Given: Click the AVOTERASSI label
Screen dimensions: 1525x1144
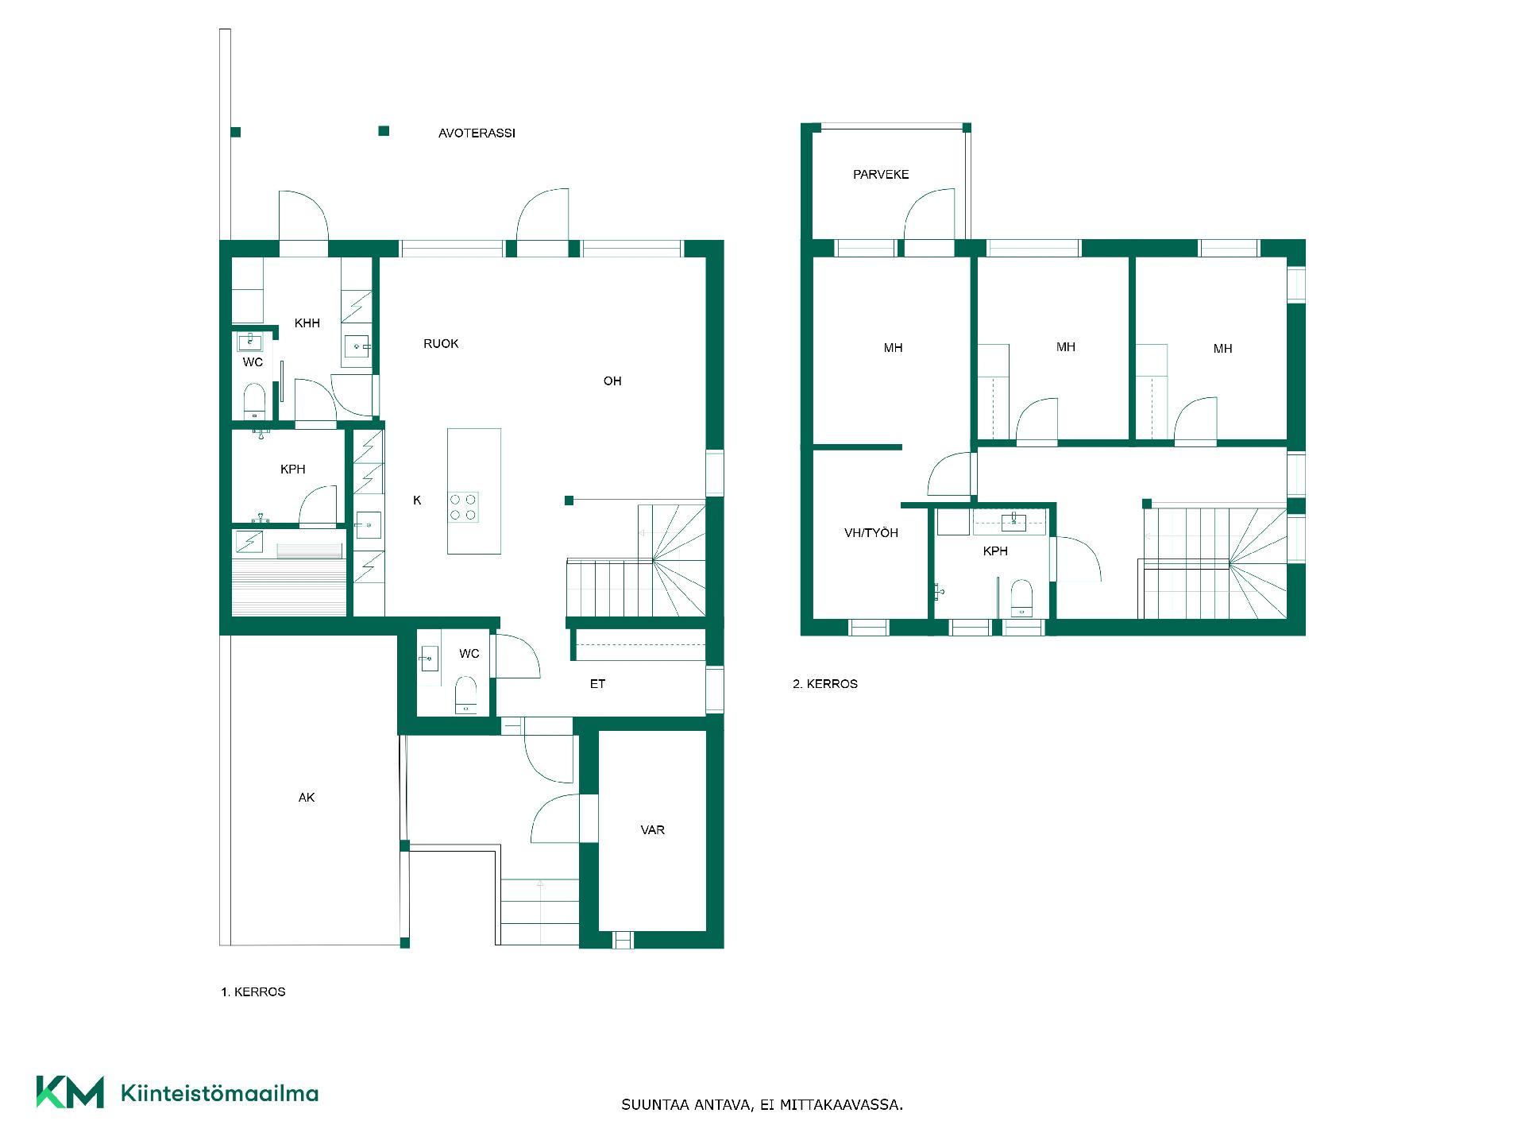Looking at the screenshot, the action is coord(477,133).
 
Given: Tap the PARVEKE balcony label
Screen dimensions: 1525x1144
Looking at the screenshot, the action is coord(881,175).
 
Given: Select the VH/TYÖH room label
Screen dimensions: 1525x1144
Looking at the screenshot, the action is coord(871,533).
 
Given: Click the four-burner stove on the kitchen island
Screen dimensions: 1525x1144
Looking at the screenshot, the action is coord(463,507).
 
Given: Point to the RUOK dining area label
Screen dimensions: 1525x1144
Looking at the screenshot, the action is coord(441,344).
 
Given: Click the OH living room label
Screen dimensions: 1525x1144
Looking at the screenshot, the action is coord(612,381).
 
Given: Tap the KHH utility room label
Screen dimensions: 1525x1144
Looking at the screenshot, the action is coord(307,323).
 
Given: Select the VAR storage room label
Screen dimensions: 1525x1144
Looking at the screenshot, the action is coord(653,830).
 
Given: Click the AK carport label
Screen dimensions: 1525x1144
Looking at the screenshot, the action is coord(307,798).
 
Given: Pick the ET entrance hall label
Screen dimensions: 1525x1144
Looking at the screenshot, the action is coord(597,684).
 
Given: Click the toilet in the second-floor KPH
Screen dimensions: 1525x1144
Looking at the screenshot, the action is coord(1021,597).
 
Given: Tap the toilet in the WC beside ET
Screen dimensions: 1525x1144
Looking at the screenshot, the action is coord(465,694).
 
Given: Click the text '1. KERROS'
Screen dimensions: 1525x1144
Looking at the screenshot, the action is coord(253,992).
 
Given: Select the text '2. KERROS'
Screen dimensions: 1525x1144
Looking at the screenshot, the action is coord(825,684).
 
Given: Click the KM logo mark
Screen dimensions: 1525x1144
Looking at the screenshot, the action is coord(70,1092).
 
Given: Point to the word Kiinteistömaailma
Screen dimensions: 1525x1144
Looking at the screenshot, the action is coord(219,1093).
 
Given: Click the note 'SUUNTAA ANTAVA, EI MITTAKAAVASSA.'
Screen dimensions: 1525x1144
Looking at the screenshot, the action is coord(762,1105).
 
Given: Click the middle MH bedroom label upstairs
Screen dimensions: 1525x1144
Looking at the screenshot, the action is coord(1066,347).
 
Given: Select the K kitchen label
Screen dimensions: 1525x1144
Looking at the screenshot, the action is coord(417,500).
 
